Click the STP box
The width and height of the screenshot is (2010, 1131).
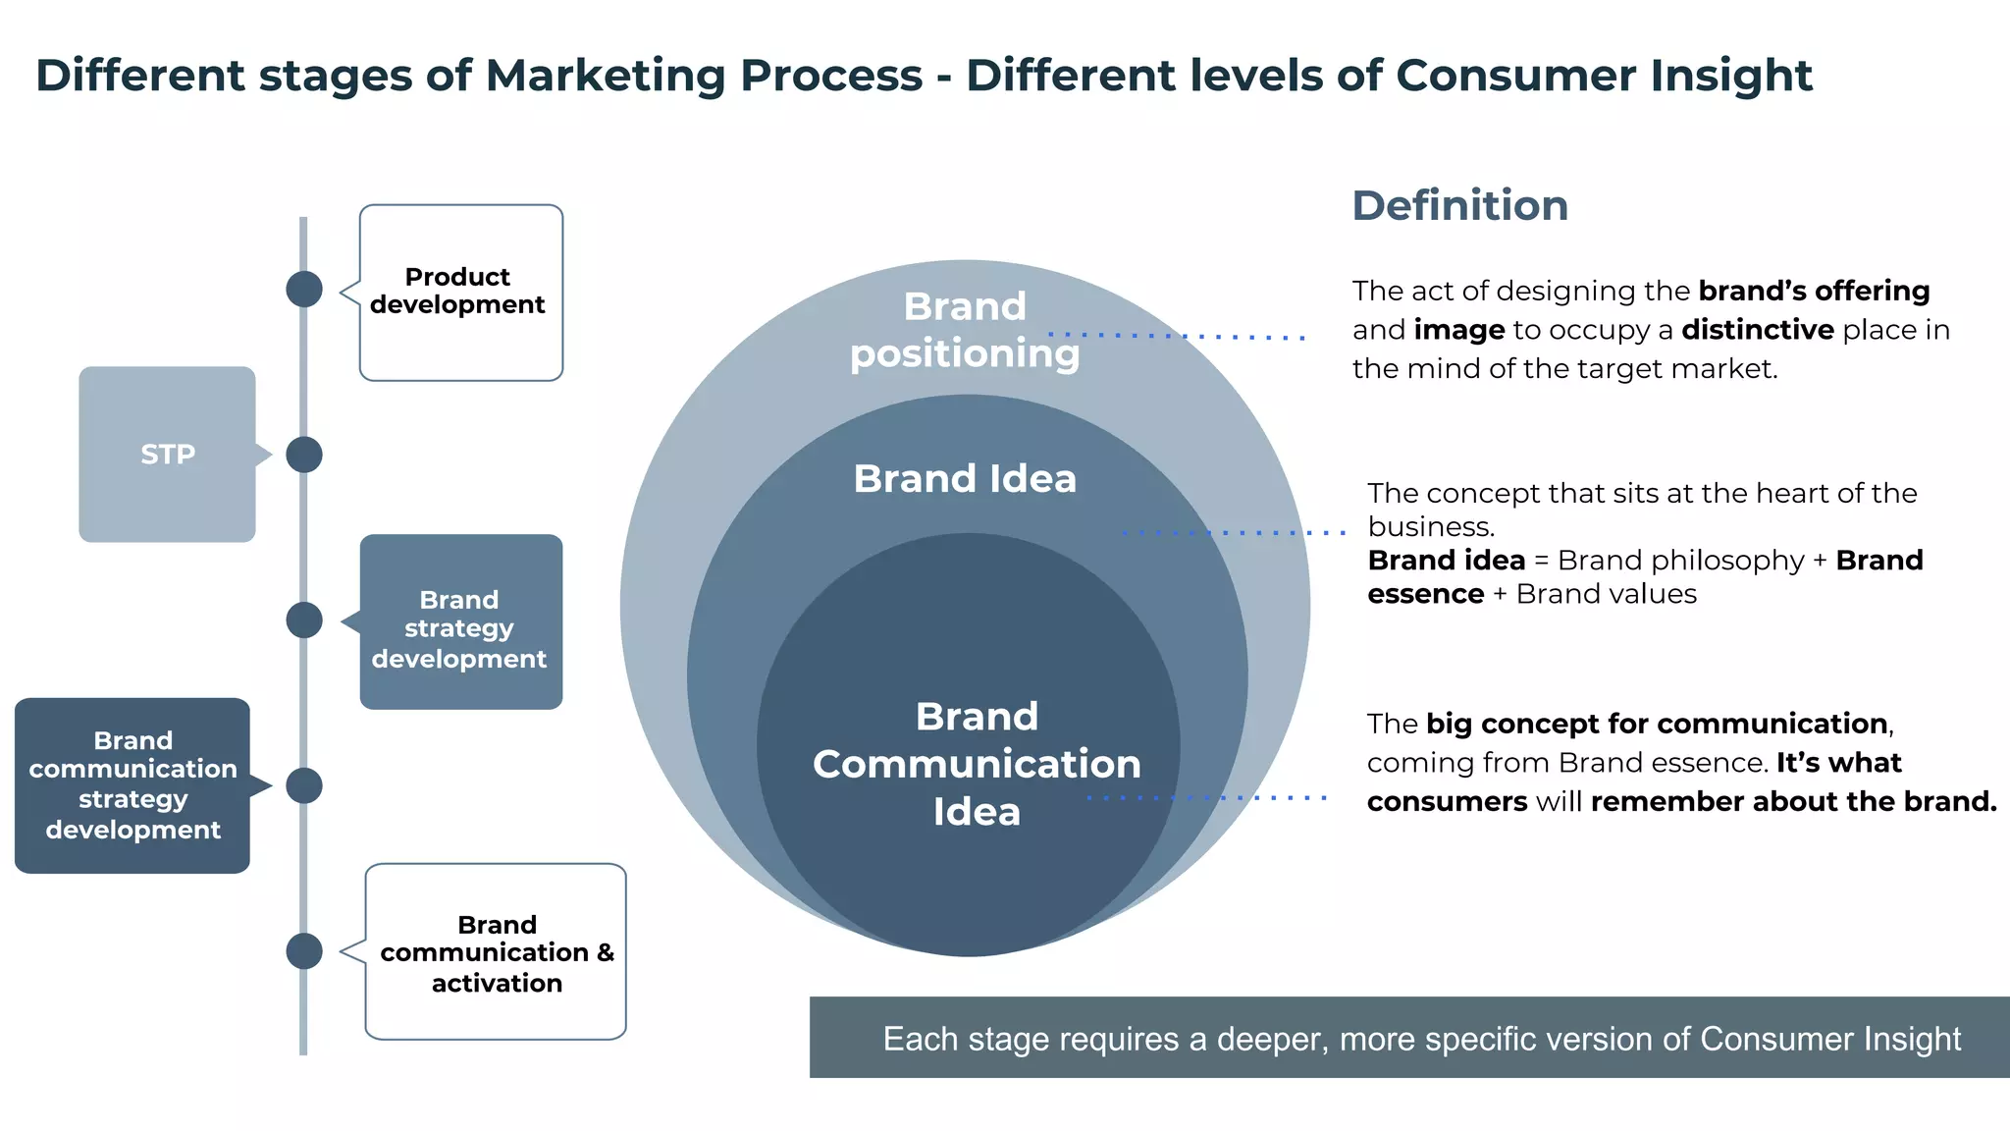pos(167,454)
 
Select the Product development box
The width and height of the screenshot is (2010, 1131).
pos(460,292)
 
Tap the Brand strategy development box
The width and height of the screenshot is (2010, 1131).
pos(460,621)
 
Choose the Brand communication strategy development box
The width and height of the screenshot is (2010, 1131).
pos(132,785)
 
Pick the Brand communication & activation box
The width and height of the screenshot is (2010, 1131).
pos(496,952)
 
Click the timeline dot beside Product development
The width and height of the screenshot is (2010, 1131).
pos(304,290)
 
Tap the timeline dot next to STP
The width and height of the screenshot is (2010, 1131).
pos(304,455)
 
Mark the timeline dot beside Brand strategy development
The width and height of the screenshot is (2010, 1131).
pos(304,620)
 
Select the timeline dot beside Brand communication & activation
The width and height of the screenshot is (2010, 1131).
pos(304,951)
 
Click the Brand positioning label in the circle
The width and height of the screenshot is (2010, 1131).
pos(965,330)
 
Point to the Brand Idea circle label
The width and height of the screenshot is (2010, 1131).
pos(965,479)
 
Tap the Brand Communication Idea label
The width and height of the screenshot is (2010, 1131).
pos(977,764)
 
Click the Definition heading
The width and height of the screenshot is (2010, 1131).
pos(1459,206)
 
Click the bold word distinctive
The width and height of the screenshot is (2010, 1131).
pos(1757,330)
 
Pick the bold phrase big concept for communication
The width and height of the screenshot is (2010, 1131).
pos(1657,724)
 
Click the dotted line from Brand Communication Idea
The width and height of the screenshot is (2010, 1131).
pos(1207,798)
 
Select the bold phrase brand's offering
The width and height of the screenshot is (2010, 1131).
pos(1814,291)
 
